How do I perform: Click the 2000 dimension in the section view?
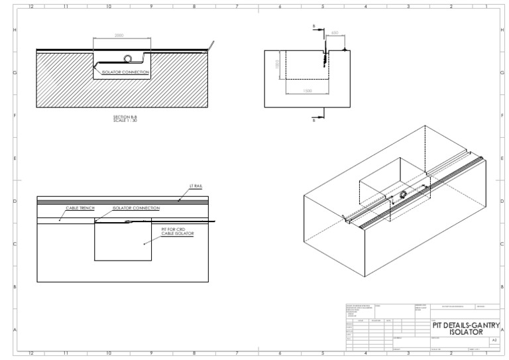(x=119, y=36)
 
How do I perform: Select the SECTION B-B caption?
(x=126, y=118)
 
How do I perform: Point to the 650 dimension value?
(x=335, y=32)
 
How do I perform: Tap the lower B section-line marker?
(x=314, y=120)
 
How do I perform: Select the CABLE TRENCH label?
(x=79, y=208)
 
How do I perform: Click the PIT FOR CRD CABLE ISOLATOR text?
(x=176, y=231)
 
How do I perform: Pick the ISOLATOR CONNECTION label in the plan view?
(x=137, y=208)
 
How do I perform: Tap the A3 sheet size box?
(x=493, y=339)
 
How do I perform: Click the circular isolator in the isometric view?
(x=402, y=194)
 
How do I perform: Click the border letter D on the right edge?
(x=503, y=201)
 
